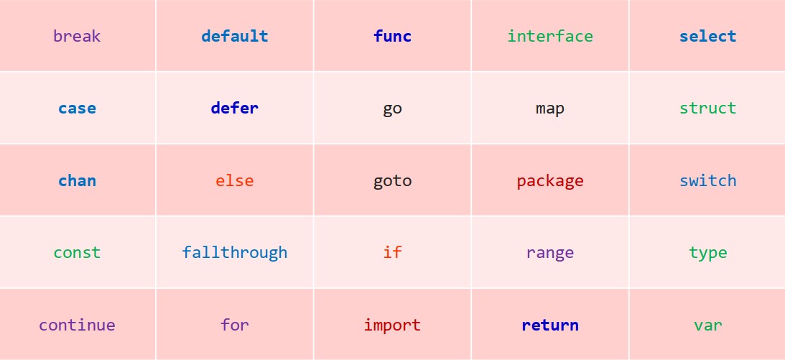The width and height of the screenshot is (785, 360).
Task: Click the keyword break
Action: click(x=77, y=36)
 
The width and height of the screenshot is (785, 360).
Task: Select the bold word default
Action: click(x=234, y=36)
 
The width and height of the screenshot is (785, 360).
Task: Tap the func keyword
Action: click(x=392, y=36)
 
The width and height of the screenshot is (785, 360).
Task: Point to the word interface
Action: click(x=550, y=36)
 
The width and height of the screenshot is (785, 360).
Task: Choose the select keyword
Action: click(x=707, y=36)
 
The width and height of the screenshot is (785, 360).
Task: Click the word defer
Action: click(x=234, y=108)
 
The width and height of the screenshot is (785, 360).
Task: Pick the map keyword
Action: click(x=550, y=109)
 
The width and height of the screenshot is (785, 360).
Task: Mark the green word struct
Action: click(x=707, y=108)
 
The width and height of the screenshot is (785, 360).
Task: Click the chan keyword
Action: click(x=77, y=180)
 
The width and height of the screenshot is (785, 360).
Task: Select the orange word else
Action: click(x=234, y=180)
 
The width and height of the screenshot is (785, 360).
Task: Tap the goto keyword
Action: click(x=392, y=180)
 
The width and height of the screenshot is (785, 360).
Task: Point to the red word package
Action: click(x=550, y=180)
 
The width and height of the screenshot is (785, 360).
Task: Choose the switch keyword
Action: click(x=707, y=180)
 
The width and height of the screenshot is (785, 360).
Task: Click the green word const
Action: click(x=77, y=252)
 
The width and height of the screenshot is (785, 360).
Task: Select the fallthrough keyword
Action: click(x=234, y=252)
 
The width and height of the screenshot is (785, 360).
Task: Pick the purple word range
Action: click(x=550, y=253)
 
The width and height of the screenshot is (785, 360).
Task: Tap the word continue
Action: click(x=77, y=325)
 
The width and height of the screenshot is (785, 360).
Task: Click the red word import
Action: click(x=392, y=325)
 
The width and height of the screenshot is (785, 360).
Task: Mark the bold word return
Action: click(x=550, y=325)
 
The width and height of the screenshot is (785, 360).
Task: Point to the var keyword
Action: click(x=707, y=325)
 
